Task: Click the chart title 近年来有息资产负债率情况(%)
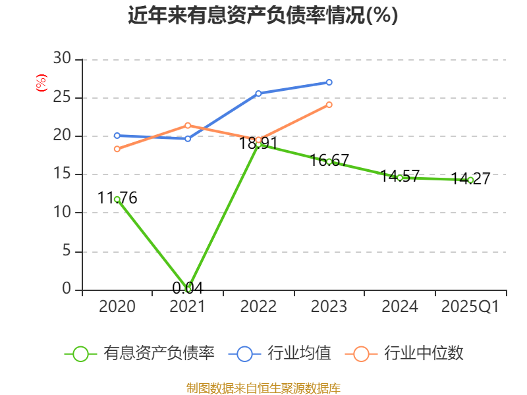[x=263, y=15]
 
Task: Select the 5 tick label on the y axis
[x=65, y=251]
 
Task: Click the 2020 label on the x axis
[x=117, y=307]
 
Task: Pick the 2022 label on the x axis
[x=258, y=307]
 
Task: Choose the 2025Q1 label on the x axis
[x=470, y=307]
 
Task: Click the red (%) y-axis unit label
[x=42, y=84]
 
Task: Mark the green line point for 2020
[x=117, y=199]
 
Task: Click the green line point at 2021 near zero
[x=188, y=288]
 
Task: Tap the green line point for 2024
[x=400, y=178]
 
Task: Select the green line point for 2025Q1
[x=470, y=180]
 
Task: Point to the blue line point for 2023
[x=329, y=82]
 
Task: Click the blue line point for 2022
[x=258, y=93]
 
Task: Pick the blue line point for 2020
[x=117, y=136]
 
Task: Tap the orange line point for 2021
[x=188, y=125]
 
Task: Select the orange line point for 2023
[x=329, y=105]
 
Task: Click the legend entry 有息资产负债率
[x=140, y=354]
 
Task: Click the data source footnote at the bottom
[x=263, y=388]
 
